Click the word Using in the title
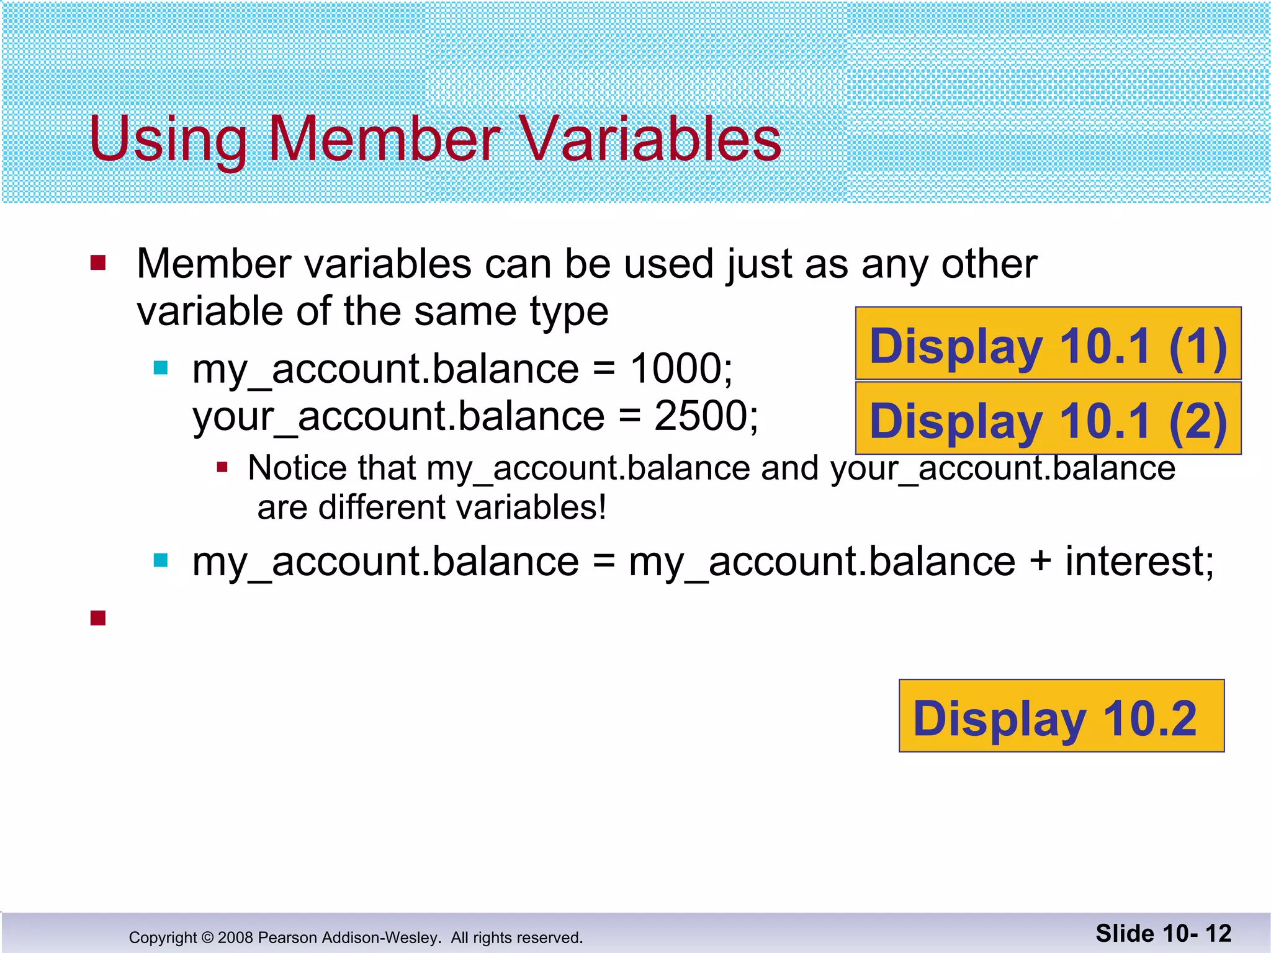click(x=168, y=139)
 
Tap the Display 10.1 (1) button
click(x=1048, y=344)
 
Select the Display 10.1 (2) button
click(x=1048, y=419)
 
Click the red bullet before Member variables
click(x=98, y=263)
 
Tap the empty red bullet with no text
click(x=98, y=618)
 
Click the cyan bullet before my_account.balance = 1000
click(x=161, y=369)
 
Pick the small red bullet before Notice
click(x=222, y=467)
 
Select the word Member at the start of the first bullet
click(x=213, y=264)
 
